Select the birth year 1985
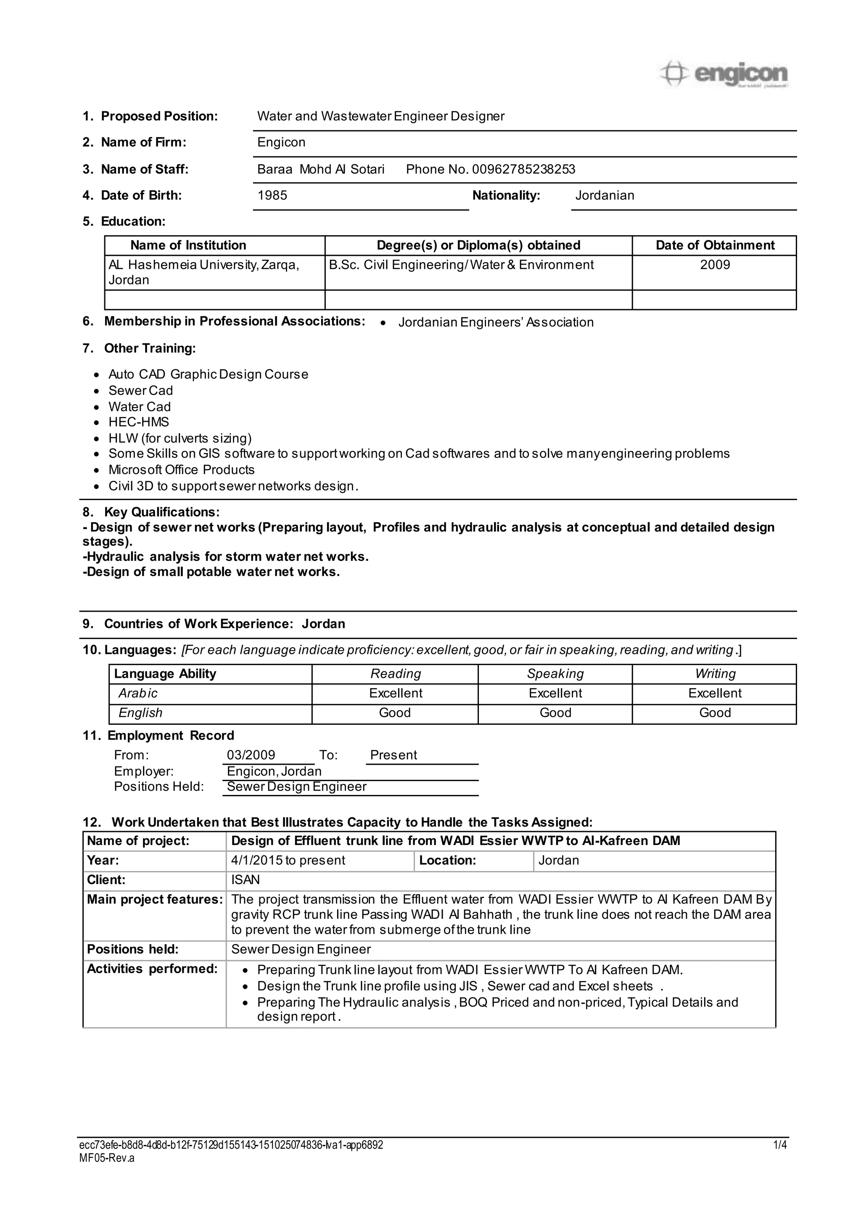(272, 195)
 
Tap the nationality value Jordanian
(605, 195)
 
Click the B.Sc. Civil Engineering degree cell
(461, 265)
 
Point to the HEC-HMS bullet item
(138, 422)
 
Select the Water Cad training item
(140, 407)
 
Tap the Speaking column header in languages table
(555, 674)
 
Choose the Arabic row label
(138, 693)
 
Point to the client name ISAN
(245, 880)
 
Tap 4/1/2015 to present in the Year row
(288, 861)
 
